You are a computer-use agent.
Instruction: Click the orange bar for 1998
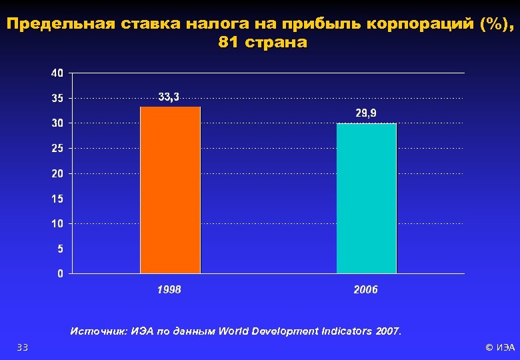[x=170, y=190]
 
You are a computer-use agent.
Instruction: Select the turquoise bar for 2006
[x=366, y=199]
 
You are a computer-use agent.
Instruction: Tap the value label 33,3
[x=169, y=97]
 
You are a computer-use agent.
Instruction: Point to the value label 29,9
[x=365, y=114]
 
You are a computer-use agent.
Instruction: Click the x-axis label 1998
[x=169, y=289]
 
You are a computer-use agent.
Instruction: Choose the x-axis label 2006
[x=365, y=289]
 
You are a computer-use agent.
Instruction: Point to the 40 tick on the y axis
[x=58, y=73]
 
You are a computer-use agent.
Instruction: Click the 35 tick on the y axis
[x=58, y=98]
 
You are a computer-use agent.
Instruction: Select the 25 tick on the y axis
[x=58, y=149]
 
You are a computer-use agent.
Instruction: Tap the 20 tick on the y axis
[x=58, y=173]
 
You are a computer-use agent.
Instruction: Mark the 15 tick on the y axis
[x=58, y=199]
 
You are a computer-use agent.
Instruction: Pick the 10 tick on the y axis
[x=58, y=224]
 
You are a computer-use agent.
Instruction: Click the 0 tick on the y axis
[x=61, y=273]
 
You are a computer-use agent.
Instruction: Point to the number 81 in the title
[x=227, y=43]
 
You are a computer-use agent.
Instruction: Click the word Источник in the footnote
[x=99, y=331]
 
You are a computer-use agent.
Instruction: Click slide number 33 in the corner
[x=22, y=347]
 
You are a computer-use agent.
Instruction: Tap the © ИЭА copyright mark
[x=500, y=347]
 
